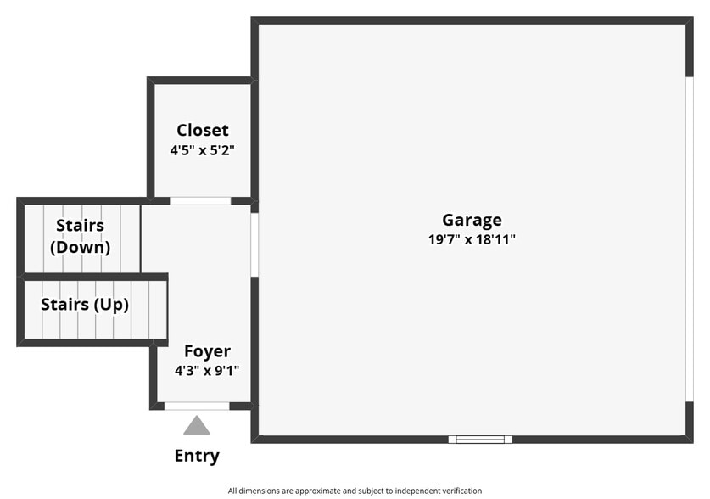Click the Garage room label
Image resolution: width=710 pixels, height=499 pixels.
(472, 221)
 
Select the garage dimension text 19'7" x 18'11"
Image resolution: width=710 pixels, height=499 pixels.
(472, 240)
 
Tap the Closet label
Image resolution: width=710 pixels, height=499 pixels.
(203, 131)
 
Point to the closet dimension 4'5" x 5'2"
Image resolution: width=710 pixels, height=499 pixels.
(203, 150)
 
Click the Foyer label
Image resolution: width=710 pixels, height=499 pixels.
(207, 351)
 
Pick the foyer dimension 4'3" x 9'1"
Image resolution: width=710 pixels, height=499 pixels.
(207, 371)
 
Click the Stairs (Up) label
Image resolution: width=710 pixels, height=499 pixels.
(85, 305)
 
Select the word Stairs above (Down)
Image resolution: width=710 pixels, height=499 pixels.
(80, 226)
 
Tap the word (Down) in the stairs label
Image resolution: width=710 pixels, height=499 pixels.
(80, 248)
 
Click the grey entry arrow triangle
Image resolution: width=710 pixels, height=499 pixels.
(197, 426)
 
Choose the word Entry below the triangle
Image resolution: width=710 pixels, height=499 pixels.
(197, 457)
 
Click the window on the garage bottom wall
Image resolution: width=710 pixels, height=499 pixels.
(480, 440)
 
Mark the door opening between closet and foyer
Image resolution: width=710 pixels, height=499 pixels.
(200, 201)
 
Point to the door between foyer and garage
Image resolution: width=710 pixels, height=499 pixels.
(254, 244)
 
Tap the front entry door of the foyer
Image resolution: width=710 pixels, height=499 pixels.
(197, 406)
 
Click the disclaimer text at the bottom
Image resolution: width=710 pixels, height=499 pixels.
(355, 491)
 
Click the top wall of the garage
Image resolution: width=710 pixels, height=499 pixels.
(472, 20)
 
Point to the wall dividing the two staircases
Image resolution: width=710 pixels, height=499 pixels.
(93, 277)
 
